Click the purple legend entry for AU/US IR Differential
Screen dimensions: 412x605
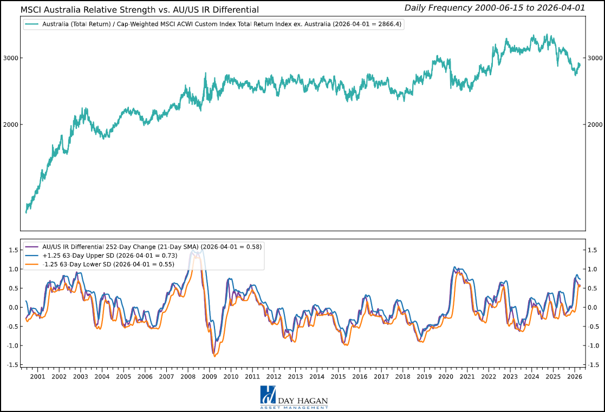(152, 247)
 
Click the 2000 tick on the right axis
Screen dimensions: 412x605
(594, 125)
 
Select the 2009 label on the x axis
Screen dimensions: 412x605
(210, 377)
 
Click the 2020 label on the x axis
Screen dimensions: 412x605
(445, 377)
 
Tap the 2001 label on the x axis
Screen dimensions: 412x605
(38, 377)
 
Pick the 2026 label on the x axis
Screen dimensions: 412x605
(574, 377)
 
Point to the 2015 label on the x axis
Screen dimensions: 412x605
(338, 377)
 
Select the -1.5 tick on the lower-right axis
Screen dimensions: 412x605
(594, 365)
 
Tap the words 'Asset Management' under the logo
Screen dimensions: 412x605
(294, 407)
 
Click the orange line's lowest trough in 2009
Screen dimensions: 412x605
(215, 356)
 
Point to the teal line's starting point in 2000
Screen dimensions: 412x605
(26, 212)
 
